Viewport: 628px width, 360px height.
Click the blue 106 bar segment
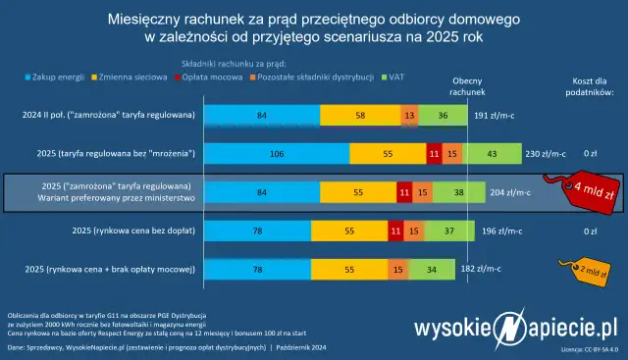[x=276, y=154]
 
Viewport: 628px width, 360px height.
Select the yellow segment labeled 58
[x=361, y=116]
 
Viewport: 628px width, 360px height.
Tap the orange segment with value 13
[x=408, y=116]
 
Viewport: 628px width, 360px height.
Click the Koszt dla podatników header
[x=590, y=86]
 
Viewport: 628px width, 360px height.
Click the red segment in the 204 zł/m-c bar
[x=404, y=192]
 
